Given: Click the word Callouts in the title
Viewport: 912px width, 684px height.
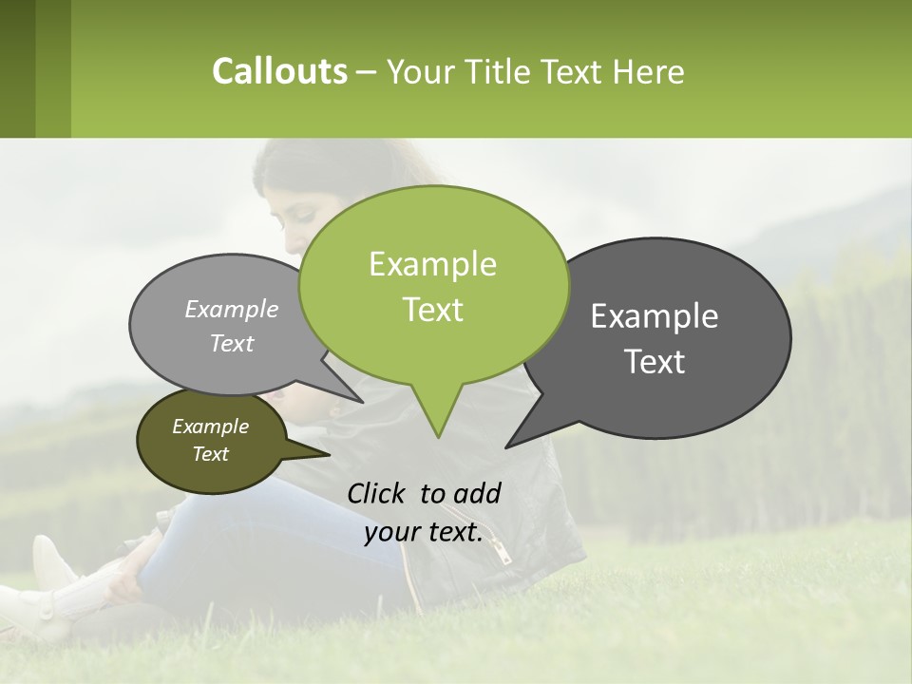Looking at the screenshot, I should [279, 72].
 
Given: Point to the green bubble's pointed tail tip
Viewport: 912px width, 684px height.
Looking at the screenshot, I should [437, 436].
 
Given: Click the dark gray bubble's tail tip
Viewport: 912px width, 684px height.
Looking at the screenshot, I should [507, 446].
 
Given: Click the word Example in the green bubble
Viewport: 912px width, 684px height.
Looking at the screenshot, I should [432, 264].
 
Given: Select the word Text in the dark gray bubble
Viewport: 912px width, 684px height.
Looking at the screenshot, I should [655, 362].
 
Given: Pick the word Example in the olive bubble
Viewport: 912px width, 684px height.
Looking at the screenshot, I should [210, 427].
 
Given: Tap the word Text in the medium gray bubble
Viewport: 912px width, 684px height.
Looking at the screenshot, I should [232, 344].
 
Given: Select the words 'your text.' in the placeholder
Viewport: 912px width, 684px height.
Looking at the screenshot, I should [424, 532].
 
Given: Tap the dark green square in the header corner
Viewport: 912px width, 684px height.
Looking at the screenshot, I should [17, 68].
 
